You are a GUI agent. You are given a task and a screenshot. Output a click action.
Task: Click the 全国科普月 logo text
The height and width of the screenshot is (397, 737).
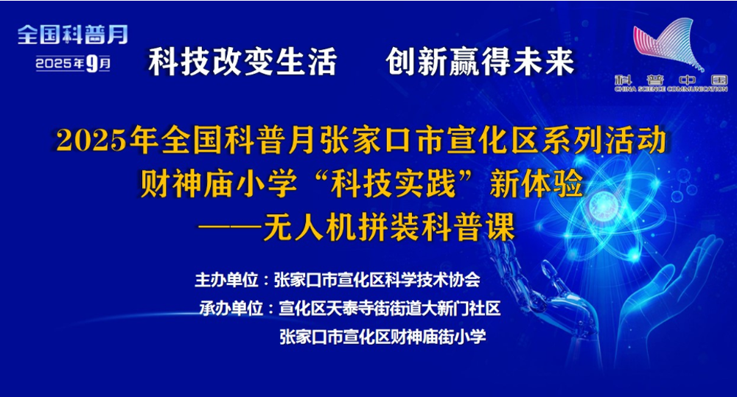coord(73,35)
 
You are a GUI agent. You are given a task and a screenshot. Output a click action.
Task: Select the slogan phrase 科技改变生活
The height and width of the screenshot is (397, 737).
coord(242,62)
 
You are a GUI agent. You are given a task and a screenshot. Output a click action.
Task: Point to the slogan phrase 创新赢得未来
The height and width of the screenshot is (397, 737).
coord(480,62)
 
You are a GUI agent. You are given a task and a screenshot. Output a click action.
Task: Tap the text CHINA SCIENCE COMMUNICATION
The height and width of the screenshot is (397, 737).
coord(671,89)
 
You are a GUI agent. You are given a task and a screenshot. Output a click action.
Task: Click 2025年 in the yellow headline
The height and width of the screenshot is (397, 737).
coord(107,140)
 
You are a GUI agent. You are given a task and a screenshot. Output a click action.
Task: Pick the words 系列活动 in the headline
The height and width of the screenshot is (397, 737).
coord(604,140)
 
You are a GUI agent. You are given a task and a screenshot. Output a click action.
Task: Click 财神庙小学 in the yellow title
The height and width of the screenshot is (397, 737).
coord(218,183)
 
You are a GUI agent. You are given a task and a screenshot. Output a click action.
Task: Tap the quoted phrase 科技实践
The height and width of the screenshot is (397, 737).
coord(393,183)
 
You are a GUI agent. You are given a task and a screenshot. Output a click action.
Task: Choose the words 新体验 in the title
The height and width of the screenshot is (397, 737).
coord(537,183)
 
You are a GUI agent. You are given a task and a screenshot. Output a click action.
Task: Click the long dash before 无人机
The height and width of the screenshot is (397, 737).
coord(230,227)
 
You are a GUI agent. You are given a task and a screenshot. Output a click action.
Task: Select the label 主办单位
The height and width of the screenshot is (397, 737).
coord(226,280)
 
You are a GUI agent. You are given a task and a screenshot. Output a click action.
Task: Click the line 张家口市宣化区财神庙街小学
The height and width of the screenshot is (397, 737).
coord(383,337)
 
